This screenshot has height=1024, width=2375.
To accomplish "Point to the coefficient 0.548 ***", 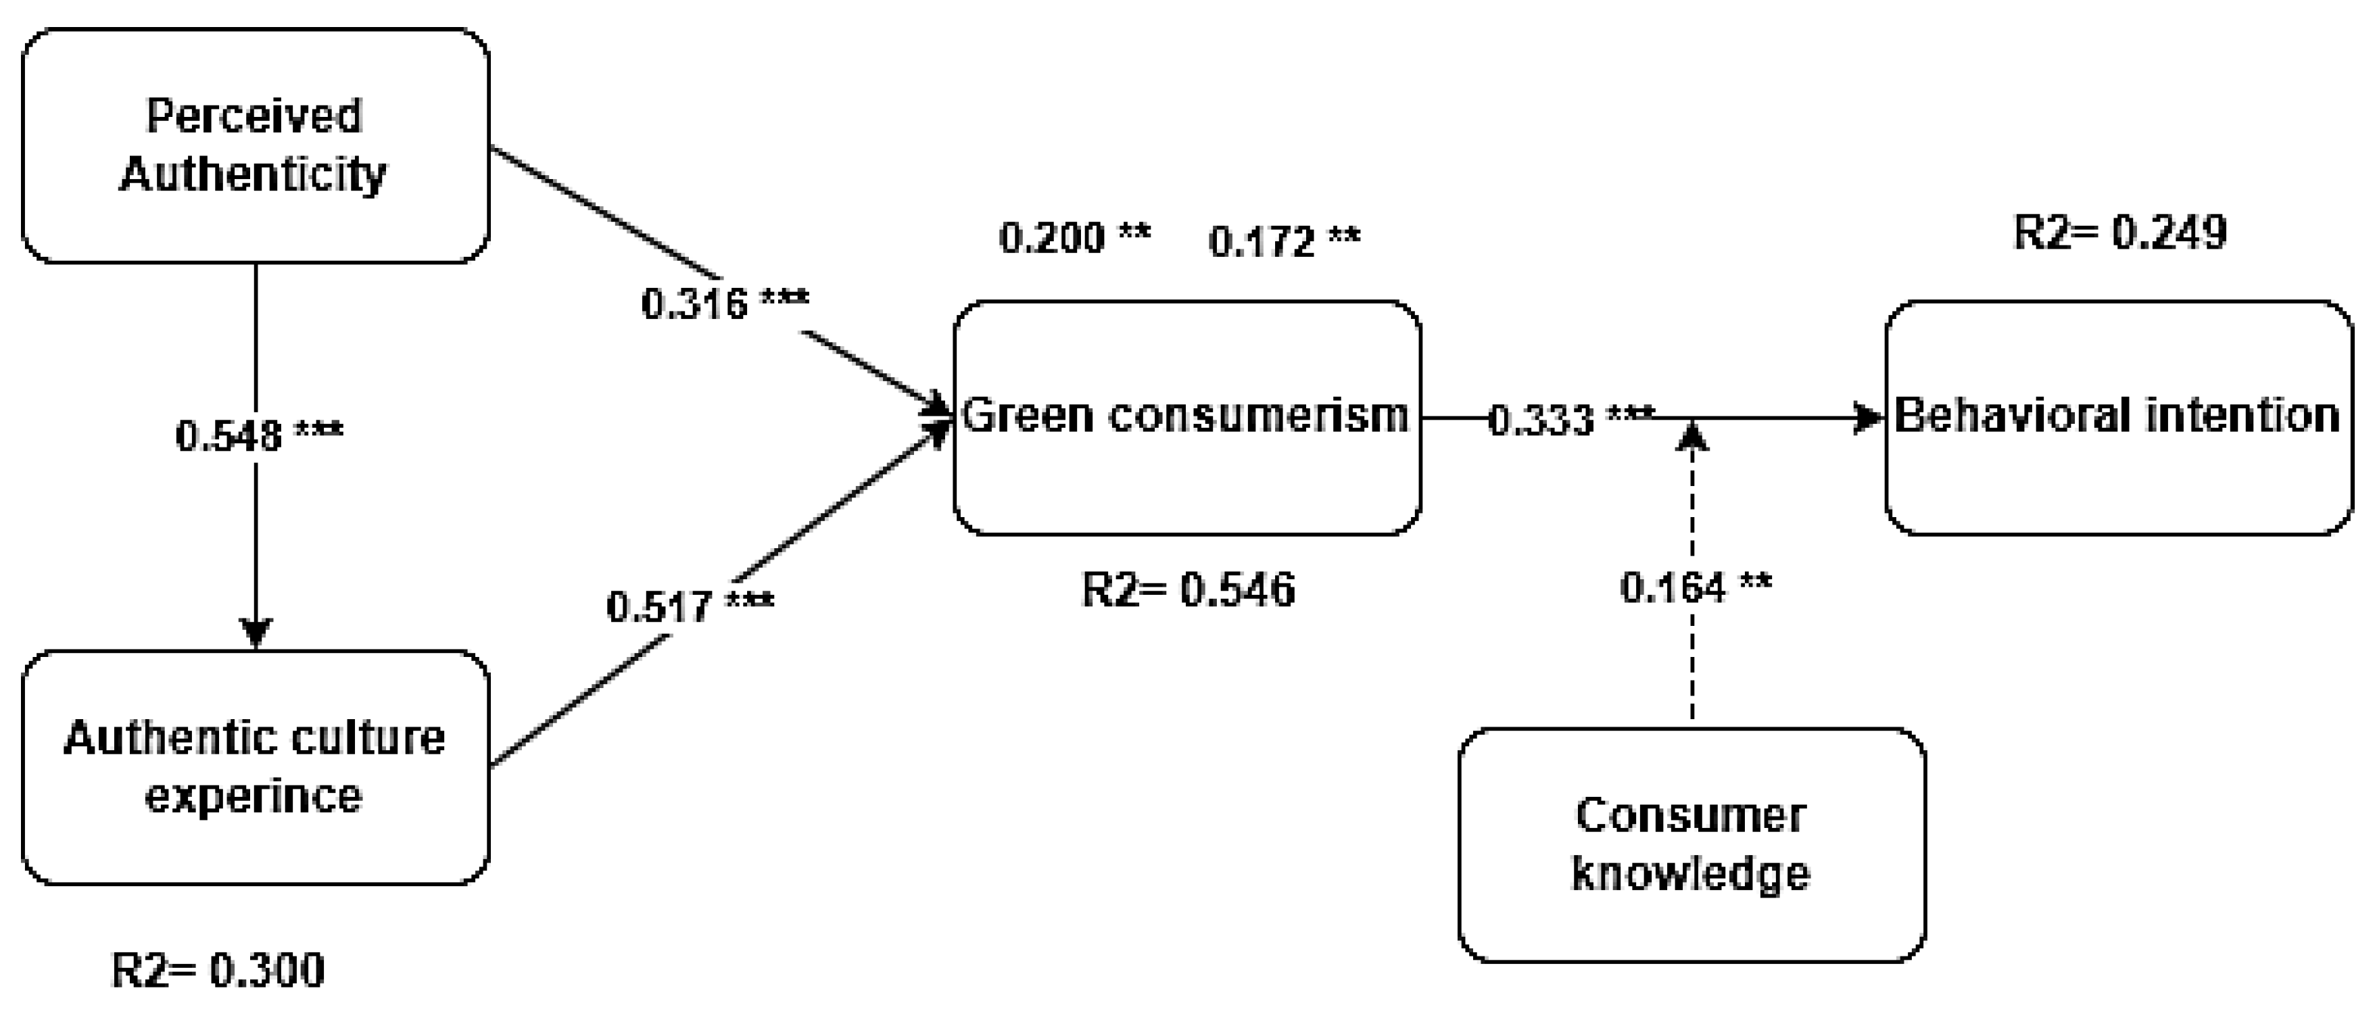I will coord(259,434).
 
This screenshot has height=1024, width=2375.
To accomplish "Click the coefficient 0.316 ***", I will coord(725,302).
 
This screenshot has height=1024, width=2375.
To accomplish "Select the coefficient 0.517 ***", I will coord(690,605).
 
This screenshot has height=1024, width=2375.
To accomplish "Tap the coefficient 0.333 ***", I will coord(1570,420).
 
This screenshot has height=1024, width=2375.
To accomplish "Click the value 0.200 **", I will coord(1074,238).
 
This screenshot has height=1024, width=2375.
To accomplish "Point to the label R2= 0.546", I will coord(1187,589).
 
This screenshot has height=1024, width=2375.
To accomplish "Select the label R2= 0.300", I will coord(218,970).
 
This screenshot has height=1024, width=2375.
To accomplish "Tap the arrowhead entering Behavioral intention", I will coord(1868,418).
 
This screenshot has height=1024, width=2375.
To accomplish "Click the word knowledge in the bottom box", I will coord(1690,873).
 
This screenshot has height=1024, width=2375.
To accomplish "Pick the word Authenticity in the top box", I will coord(254,173).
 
